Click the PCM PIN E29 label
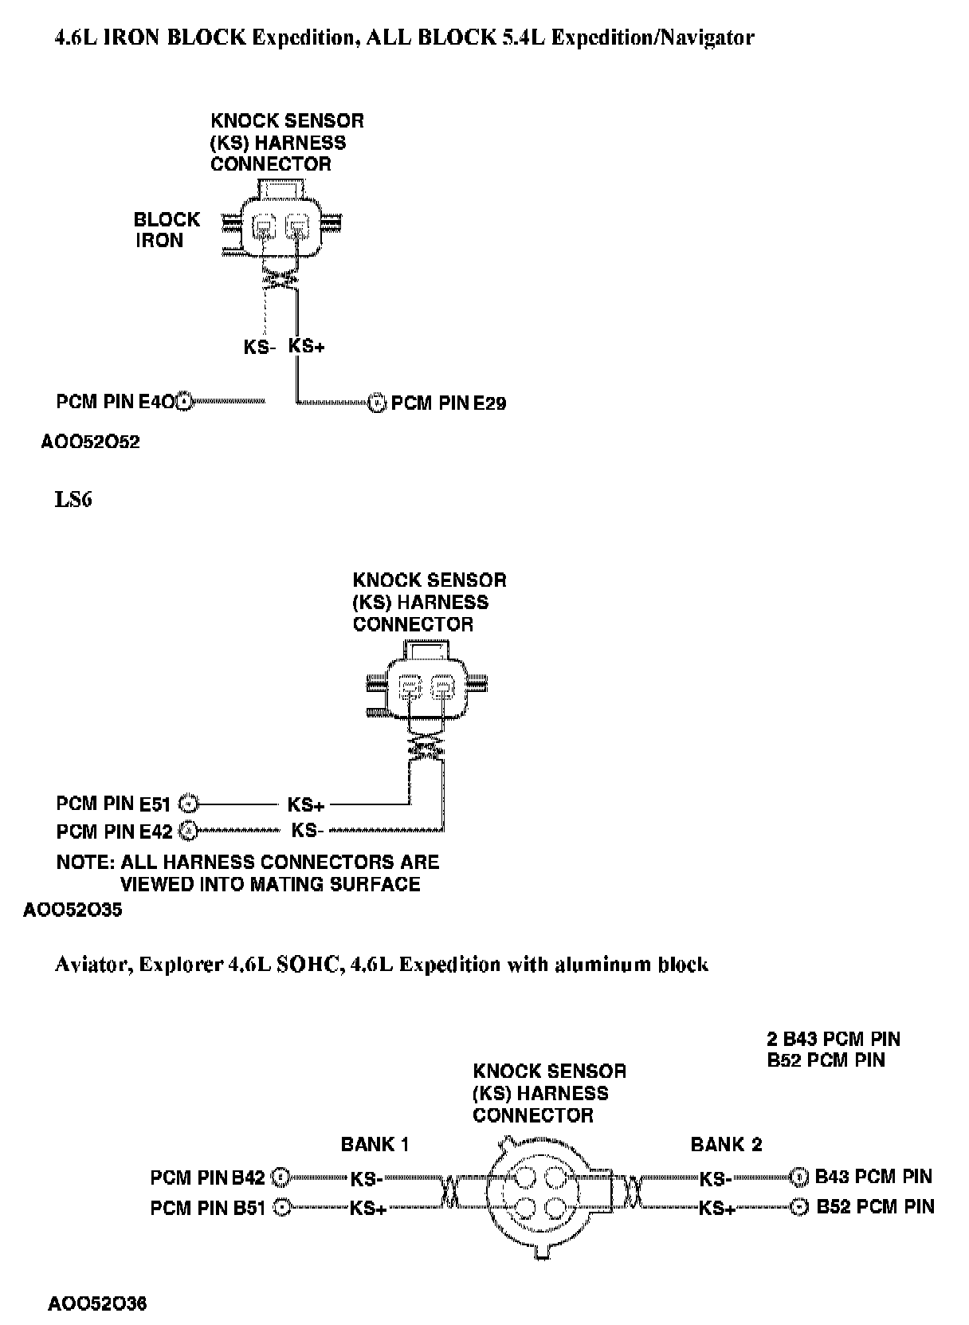click(449, 403)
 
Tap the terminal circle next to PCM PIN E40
click(184, 402)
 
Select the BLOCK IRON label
click(167, 230)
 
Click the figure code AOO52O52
click(90, 442)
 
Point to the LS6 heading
click(73, 500)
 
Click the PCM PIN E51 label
click(113, 803)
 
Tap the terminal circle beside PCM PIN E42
click(187, 832)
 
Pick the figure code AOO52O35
click(73, 910)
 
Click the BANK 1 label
click(375, 1145)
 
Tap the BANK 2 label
click(726, 1145)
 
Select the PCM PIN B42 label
click(207, 1178)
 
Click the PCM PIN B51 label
click(207, 1209)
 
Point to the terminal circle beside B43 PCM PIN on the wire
click(799, 1177)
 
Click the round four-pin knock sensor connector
click(542, 1193)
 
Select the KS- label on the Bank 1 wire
click(367, 1178)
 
